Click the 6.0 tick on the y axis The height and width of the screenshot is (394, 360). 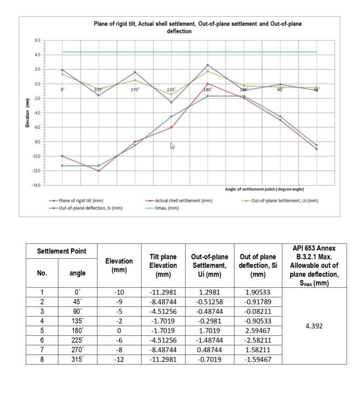(x=37, y=40)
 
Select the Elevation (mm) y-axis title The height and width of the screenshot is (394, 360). (x=27, y=113)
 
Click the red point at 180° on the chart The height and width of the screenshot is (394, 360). (x=208, y=84)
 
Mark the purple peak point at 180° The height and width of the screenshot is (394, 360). (x=208, y=65)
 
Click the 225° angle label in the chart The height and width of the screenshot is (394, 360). (x=171, y=89)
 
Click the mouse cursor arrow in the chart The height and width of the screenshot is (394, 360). (x=172, y=146)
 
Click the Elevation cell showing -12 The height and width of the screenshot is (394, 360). (x=119, y=359)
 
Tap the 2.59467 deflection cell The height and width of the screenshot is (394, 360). (x=256, y=330)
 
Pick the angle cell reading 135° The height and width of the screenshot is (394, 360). (x=77, y=321)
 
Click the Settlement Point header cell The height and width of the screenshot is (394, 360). (x=61, y=251)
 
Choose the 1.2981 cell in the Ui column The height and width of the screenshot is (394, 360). (x=209, y=292)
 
